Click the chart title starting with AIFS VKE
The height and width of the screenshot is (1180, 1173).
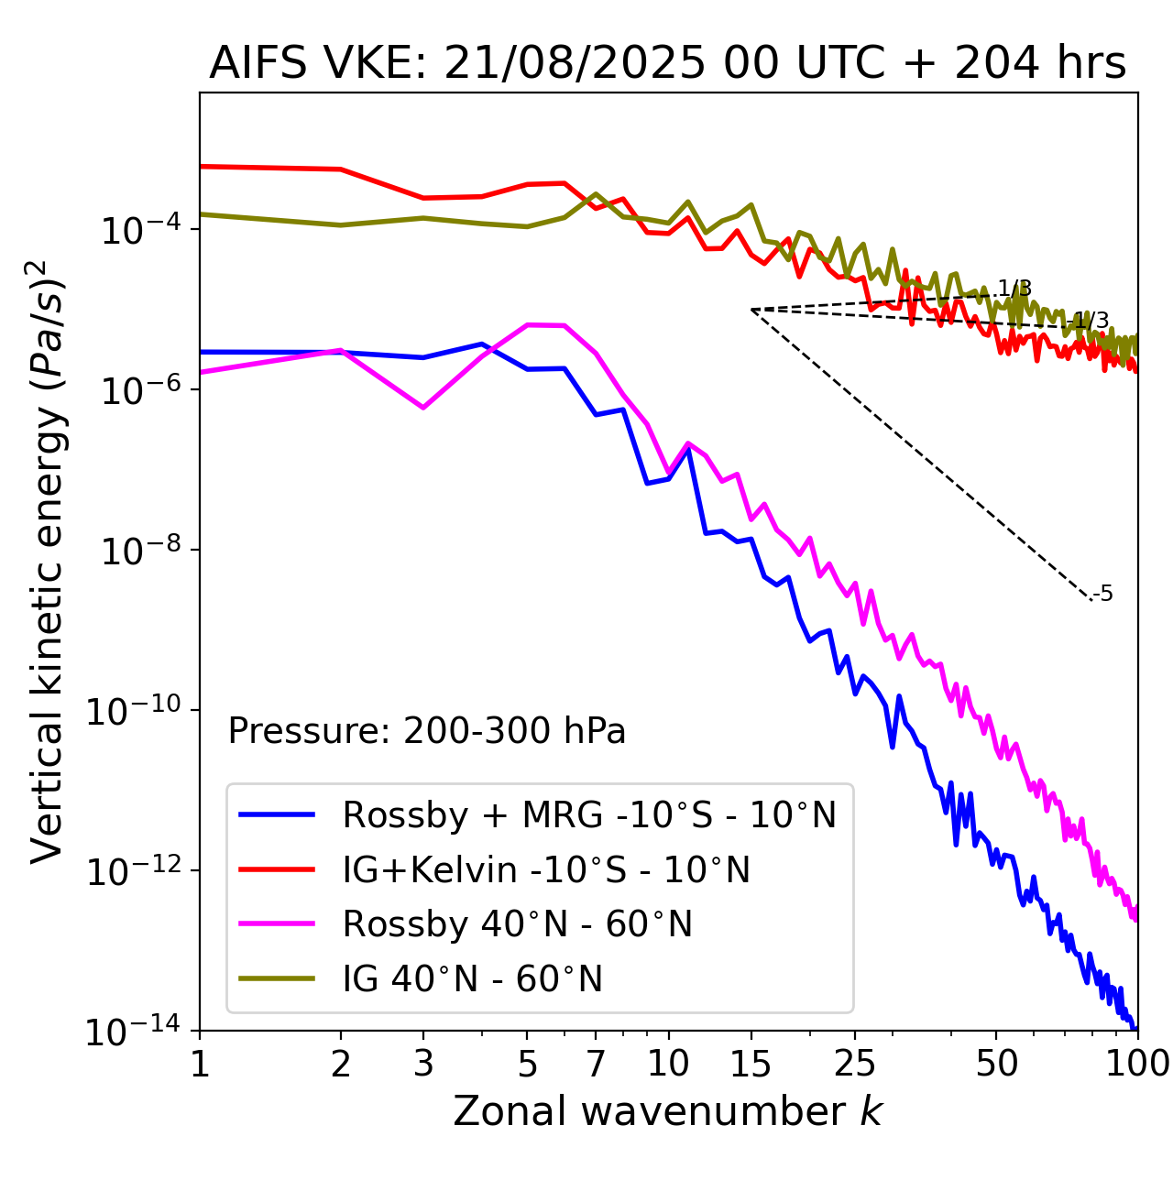click(667, 64)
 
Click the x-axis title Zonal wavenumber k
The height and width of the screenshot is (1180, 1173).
click(667, 1111)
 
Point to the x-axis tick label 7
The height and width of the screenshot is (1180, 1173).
click(596, 1064)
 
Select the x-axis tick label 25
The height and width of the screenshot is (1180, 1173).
click(854, 1064)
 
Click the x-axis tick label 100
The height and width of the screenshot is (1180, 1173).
click(1136, 1064)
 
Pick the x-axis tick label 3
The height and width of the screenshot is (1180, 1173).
click(423, 1064)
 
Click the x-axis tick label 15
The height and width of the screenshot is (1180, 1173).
click(751, 1064)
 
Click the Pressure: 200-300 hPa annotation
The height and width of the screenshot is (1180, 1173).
click(427, 732)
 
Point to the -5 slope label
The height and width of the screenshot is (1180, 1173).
click(1103, 595)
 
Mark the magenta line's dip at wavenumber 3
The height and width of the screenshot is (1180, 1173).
click(423, 408)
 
